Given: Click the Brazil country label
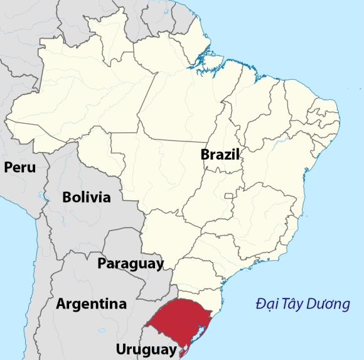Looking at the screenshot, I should [x=220, y=155].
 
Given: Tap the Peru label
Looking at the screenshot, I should [x=19, y=167].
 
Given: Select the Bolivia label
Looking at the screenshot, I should [x=87, y=197].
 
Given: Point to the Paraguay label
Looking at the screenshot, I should [x=130, y=263].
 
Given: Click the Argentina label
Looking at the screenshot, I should [x=91, y=304].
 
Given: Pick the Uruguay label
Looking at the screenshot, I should [x=146, y=349].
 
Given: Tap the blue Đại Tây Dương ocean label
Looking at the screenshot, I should [x=302, y=305].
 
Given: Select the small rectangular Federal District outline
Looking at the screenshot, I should [x=229, y=200].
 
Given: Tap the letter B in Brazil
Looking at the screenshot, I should [x=205, y=155].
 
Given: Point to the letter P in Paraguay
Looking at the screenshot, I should [x=102, y=263].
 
